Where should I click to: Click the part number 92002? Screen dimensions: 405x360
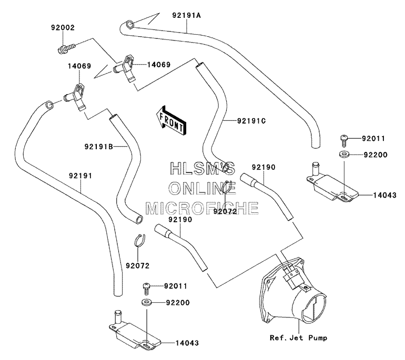pyautogui.click(x=63, y=28)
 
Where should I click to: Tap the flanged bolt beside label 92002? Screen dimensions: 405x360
pyautogui.click(x=66, y=48)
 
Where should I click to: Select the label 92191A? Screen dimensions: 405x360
pyautogui.click(x=187, y=15)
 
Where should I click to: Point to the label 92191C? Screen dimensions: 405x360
pyautogui.click(x=251, y=121)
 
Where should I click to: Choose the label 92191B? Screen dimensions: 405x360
pyautogui.click(x=99, y=147)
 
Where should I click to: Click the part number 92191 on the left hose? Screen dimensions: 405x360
pyautogui.click(x=80, y=176)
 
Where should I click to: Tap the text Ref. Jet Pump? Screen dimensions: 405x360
pyautogui.click(x=298, y=337)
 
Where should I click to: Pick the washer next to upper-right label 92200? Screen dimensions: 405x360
pyautogui.click(x=344, y=155)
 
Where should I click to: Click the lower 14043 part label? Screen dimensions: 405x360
pyautogui.click(x=187, y=343)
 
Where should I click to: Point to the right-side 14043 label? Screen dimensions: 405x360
pyautogui.click(x=384, y=195)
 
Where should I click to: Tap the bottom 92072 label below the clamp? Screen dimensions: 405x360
pyautogui.click(x=138, y=265)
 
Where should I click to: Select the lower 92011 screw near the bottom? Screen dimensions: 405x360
pyautogui.click(x=146, y=288)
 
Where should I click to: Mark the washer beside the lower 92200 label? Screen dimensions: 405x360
pyautogui.click(x=146, y=302)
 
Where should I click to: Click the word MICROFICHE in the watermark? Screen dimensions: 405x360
pyautogui.click(x=202, y=208)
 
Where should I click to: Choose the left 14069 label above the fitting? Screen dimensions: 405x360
pyautogui.click(x=79, y=66)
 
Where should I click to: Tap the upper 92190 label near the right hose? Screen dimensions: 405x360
pyautogui.click(x=264, y=167)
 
